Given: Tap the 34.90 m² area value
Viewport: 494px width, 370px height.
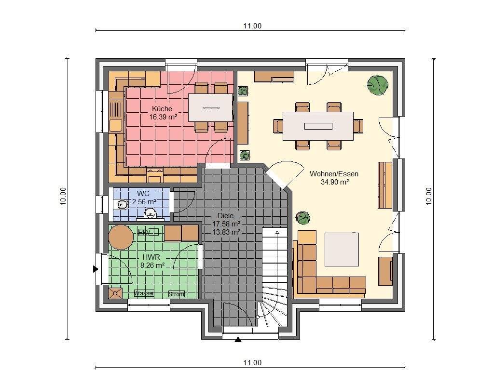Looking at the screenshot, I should [x=334, y=182].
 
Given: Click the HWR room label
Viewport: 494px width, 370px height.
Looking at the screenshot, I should [x=150, y=257].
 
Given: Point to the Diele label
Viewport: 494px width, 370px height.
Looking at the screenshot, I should [x=225, y=216].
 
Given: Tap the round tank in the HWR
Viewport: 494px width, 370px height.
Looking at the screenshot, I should [x=121, y=237].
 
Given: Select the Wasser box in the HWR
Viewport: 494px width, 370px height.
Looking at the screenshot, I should [x=144, y=293].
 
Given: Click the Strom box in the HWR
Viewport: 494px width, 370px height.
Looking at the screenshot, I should [x=176, y=294].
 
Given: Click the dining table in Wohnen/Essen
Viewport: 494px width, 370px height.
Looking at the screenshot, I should [x=318, y=126].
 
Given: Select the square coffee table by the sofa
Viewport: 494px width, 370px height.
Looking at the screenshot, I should [x=342, y=249].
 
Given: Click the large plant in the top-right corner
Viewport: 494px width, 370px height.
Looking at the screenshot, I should [x=378, y=85].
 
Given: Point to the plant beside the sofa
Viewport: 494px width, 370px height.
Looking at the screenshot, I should [x=303, y=218].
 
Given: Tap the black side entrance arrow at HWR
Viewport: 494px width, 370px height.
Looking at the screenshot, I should [x=96, y=269].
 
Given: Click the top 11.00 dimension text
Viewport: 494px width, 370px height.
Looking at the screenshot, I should [x=252, y=26].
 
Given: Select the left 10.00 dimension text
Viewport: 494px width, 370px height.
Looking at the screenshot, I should [x=63, y=196].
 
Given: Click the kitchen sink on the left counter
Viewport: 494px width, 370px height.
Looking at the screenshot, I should [x=115, y=125].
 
